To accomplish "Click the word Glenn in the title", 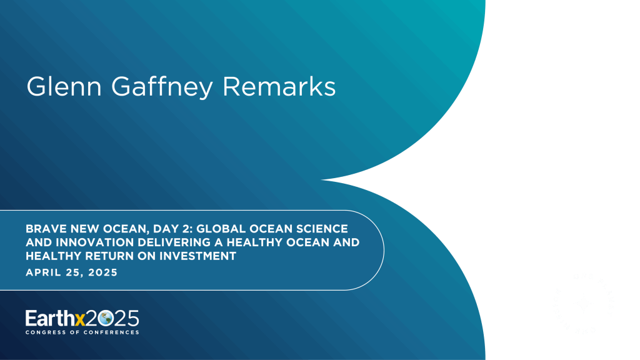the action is tap(64, 86).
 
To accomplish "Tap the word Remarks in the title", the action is tap(279, 86).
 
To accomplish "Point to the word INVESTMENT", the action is tap(197, 256).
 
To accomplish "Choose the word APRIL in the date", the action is tap(42, 272).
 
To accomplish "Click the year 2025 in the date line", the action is tap(103, 272).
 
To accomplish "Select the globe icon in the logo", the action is tap(105, 318).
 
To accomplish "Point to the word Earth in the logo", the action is tap(50, 318).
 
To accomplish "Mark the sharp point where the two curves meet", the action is tap(322, 179).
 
